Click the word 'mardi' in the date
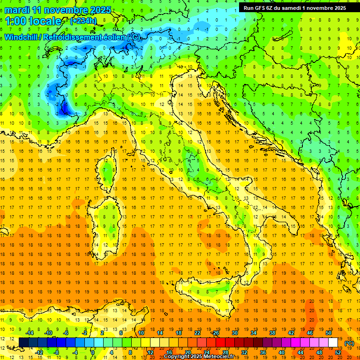point(17,10)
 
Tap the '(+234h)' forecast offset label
point(83,21)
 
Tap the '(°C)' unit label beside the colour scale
point(349,343)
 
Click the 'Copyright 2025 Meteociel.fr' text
point(201,357)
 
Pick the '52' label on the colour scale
point(338,352)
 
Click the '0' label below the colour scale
point(93,352)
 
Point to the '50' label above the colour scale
point(328,332)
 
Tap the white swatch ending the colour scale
point(333,342)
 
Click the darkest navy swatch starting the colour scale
point(23,342)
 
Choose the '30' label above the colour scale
point(234,332)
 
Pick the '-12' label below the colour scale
point(39,352)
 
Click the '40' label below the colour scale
point(282,352)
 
